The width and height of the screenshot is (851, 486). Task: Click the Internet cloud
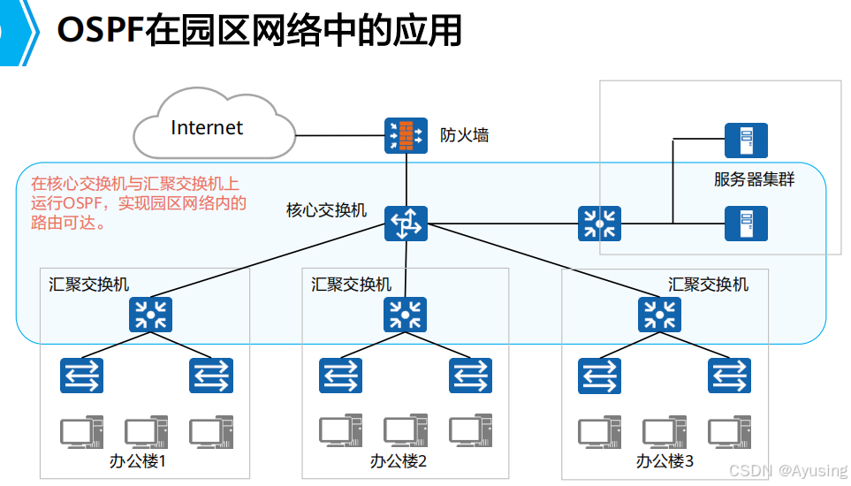tap(212, 128)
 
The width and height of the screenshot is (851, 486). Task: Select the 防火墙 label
tap(465, 135)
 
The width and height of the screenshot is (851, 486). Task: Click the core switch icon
tap(406, 224)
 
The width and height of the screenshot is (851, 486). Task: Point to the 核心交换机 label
tap(326, 210)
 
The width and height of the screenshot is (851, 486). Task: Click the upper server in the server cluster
tap(746, 140)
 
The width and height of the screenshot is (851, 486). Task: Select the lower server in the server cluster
tap(746, 224)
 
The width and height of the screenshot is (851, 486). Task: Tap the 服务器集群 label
tap(754, 180)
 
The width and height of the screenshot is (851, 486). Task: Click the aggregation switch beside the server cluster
tap(600, 224)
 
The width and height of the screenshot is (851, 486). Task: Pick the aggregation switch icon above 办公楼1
tap(150, 315)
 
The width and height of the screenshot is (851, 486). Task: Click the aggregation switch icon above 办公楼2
tap(405, 315)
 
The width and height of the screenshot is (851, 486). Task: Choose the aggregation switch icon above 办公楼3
tap(658, 315)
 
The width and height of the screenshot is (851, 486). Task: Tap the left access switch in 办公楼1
tap(82, 376)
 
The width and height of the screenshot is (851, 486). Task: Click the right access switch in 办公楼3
tap(729, 376)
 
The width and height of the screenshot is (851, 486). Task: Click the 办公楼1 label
tap(138, 461)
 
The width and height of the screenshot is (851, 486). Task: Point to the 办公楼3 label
tap(665, 461)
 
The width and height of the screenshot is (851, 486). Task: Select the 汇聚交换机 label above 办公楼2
tap(351, 285)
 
